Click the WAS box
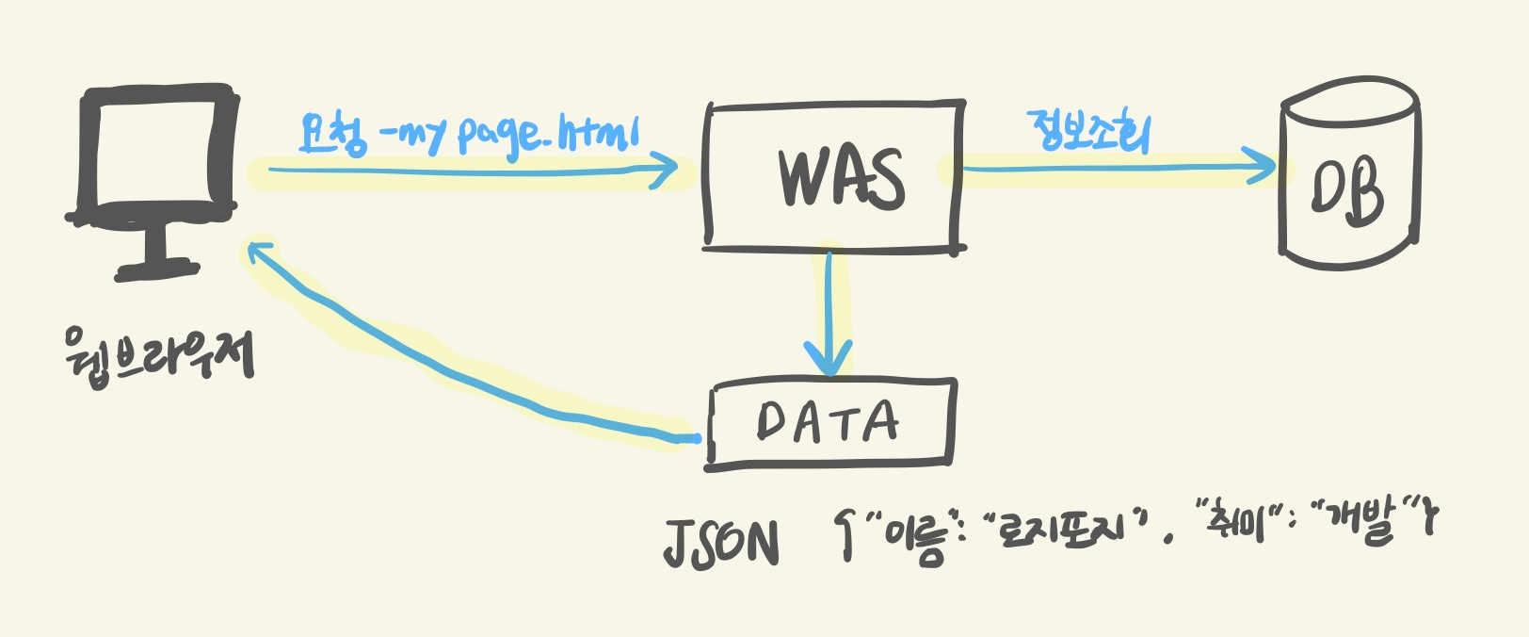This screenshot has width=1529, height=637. [834, 175]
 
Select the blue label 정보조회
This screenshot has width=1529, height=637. [1090, 132]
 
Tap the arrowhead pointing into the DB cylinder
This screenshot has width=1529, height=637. [1263, 168]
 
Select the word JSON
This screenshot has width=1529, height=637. [721, 542]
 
